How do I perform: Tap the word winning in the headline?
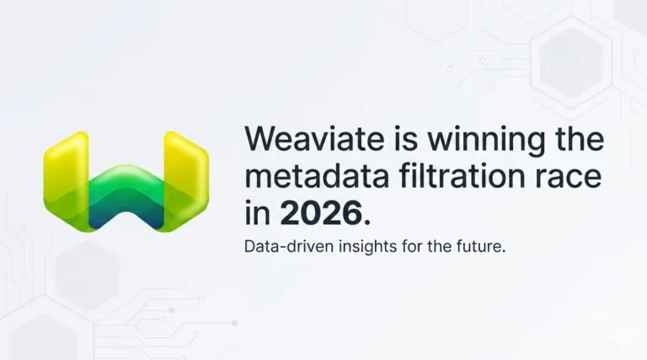tap(471, 140)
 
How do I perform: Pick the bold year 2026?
tap(319, 213)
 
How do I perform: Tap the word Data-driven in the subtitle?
tap(284, 249)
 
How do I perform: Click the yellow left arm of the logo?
tap(63, 169)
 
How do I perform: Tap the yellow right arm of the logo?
tap(187, 169)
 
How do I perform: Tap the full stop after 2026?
tap(366, 221)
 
